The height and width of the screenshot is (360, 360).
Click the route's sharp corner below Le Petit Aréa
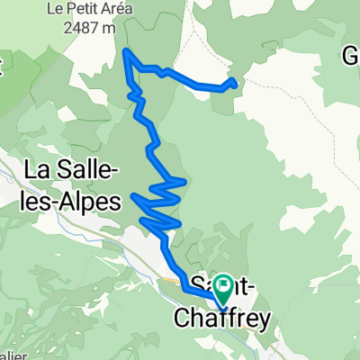coord(125,51)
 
